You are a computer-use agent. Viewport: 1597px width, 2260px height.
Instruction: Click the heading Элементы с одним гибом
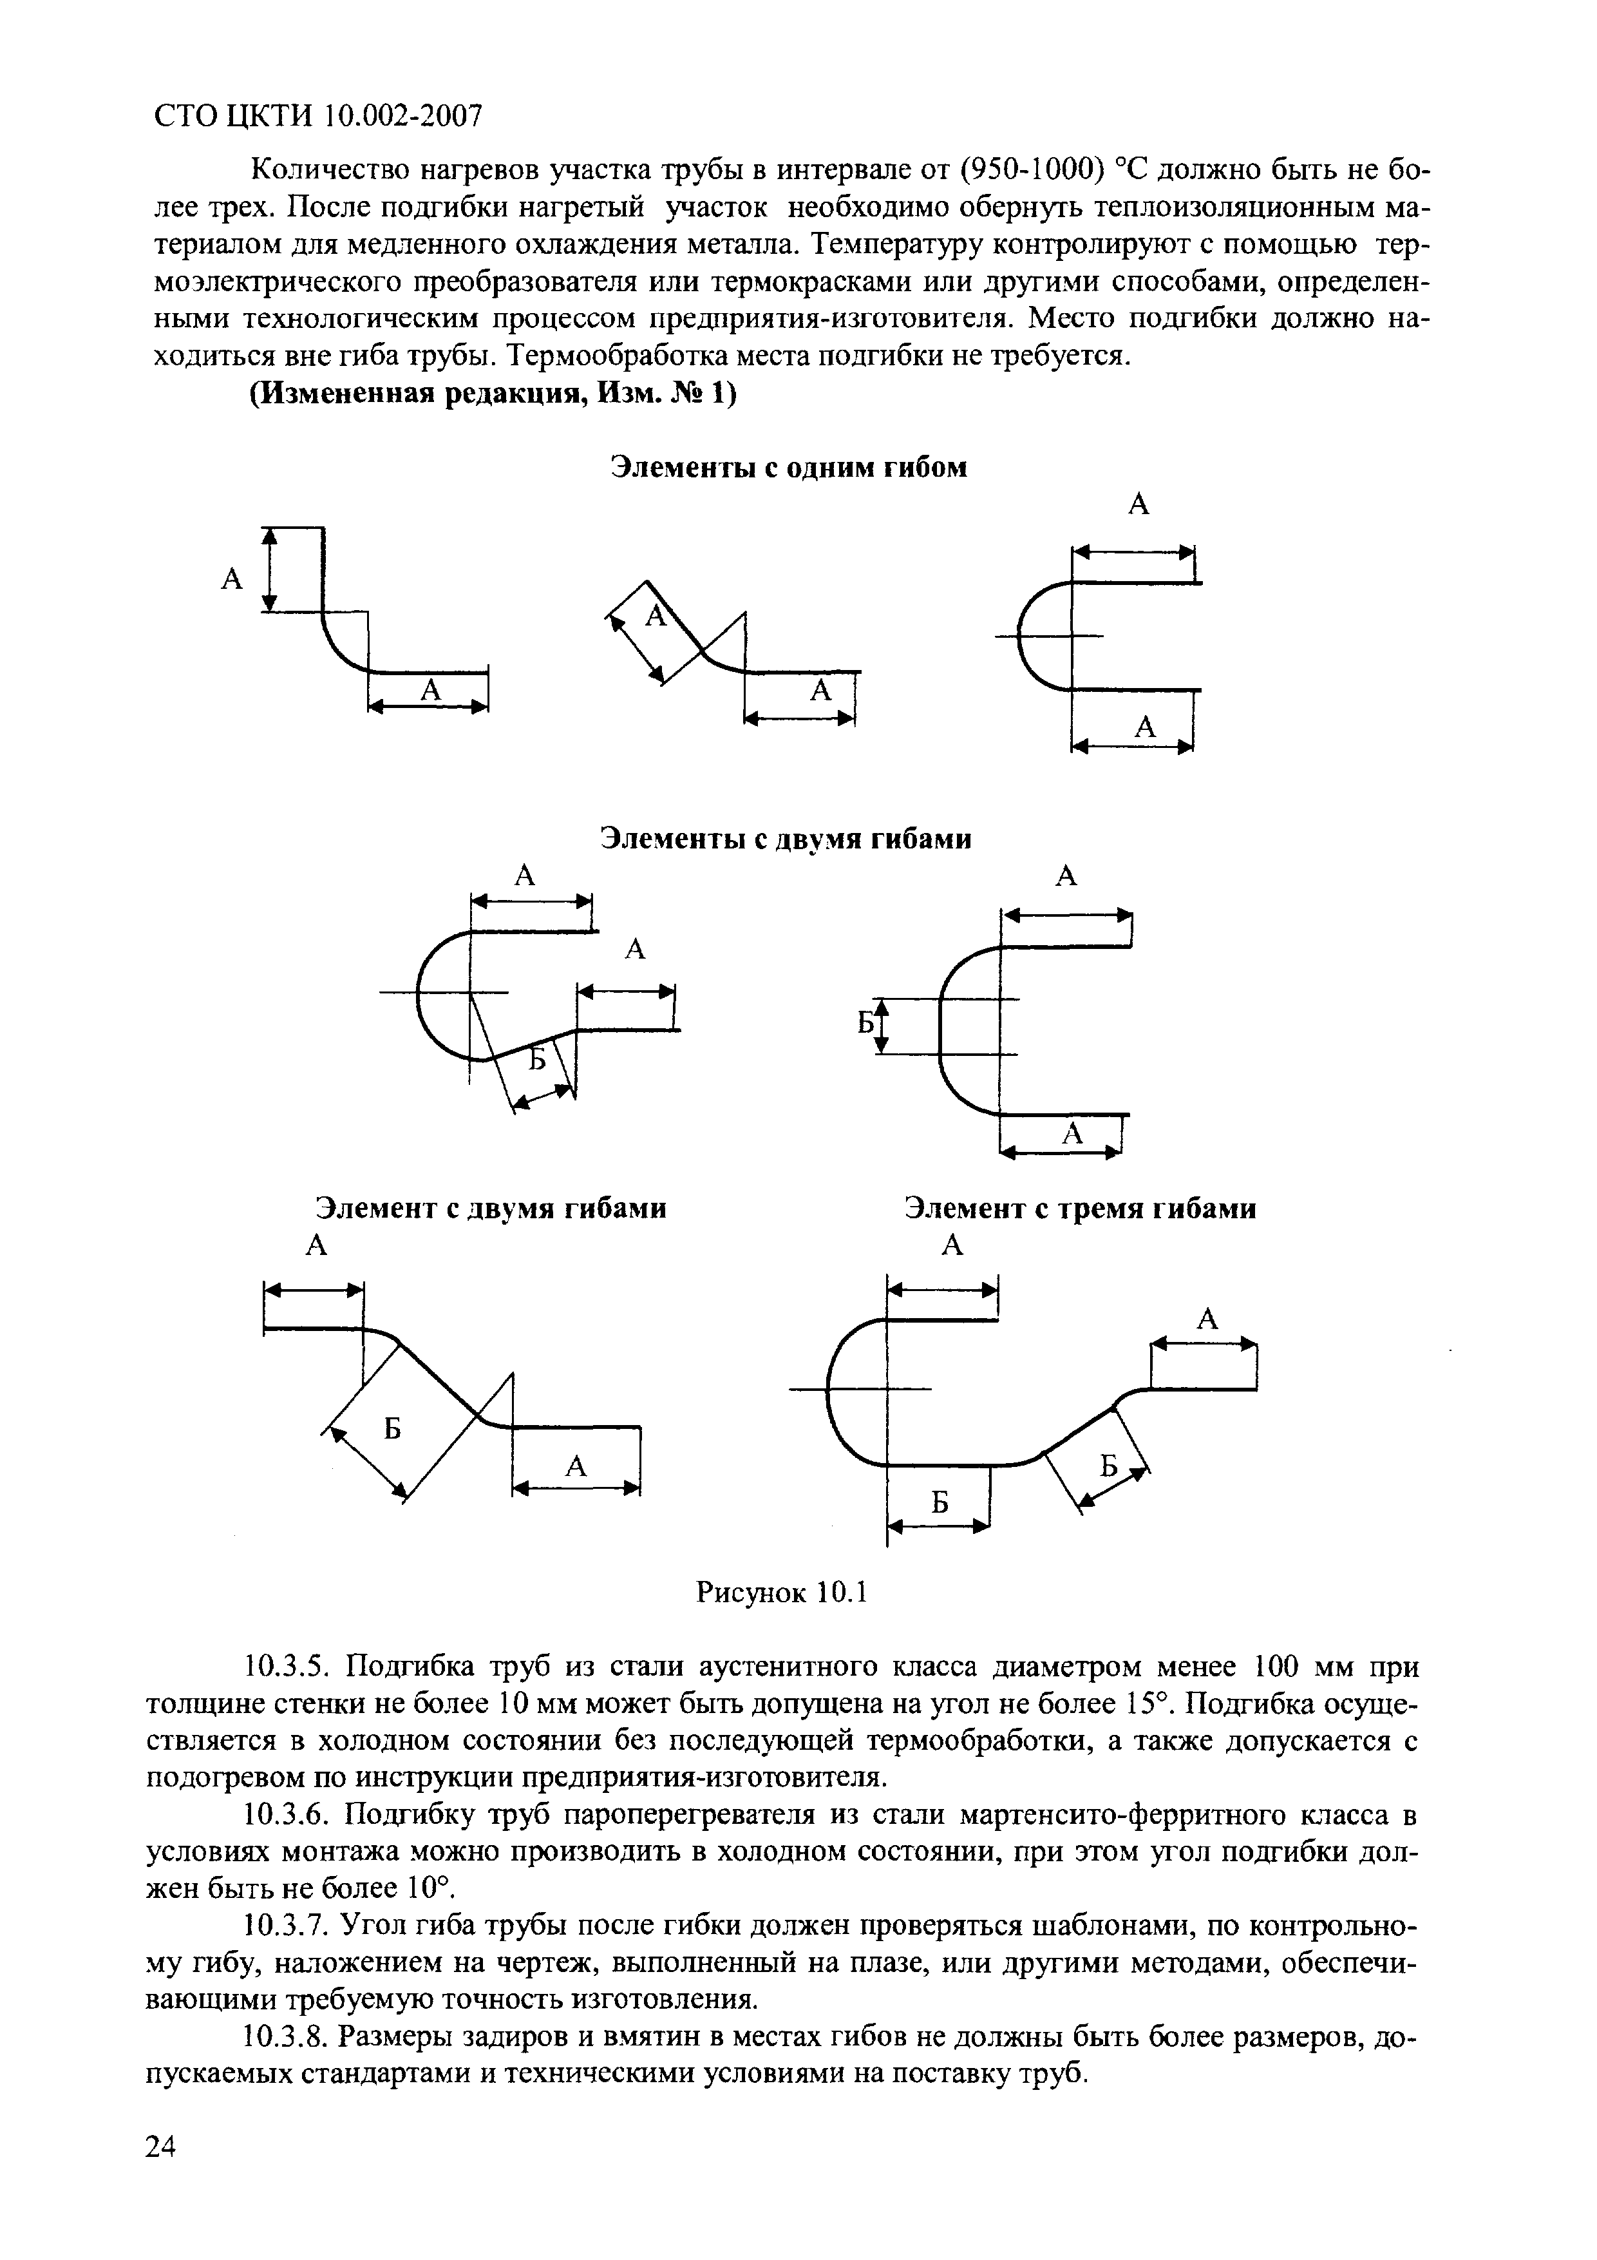click(x=788, y=468)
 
